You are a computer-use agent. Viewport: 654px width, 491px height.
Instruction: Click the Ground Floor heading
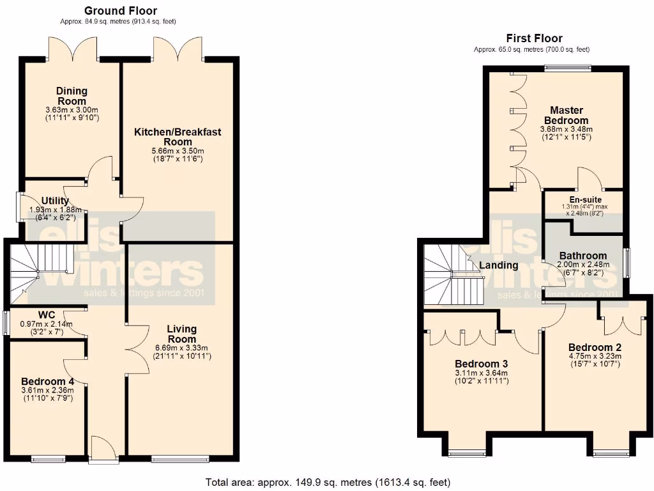click(121, 11)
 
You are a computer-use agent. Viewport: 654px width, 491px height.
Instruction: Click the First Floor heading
click(534, 38)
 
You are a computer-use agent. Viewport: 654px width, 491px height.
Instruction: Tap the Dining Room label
click(72, 96)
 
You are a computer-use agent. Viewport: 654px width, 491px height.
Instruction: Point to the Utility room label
click(55, 201)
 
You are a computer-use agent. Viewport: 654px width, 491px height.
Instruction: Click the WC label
click(46, 315)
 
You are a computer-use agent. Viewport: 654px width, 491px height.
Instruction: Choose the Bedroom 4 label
click(48, 381)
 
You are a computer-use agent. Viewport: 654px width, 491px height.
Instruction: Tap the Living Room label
click(181, 334)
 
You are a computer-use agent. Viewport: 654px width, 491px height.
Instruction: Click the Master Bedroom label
click(566, 116)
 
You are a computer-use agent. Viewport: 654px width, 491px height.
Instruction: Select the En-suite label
click(582, 200)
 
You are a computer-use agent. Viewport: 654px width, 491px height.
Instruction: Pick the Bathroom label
click(583, 256)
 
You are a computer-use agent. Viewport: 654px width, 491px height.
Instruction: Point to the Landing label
click(499, 265)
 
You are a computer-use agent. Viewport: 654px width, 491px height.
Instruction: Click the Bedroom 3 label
click(481, 364)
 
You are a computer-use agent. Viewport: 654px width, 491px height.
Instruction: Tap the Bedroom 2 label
click(595, 348)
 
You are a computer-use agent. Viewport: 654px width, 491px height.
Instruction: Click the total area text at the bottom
click(328, 482)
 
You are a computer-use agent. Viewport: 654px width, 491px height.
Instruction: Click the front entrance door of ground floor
click(102, 448)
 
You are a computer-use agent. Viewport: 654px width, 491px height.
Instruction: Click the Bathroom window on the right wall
click(627, 263)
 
